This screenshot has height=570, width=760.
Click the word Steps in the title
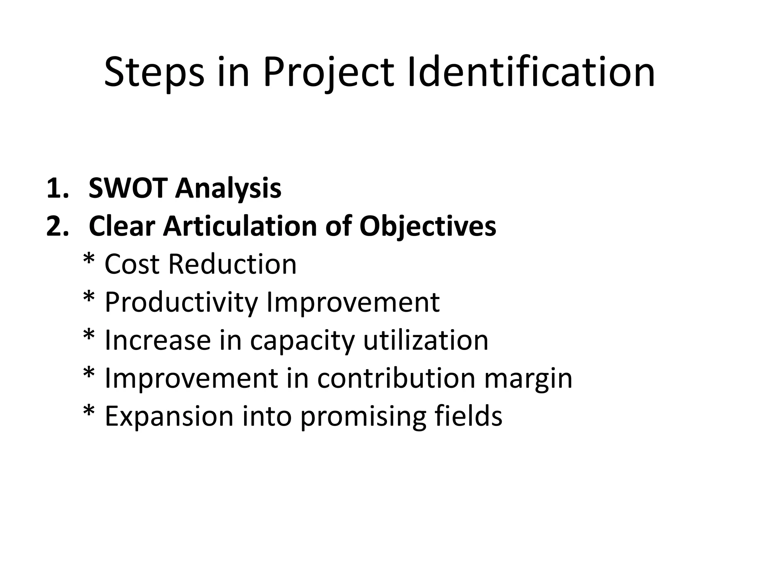coord(154,72)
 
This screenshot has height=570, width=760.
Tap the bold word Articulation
coord(240,226)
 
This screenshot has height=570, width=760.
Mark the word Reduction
coord(232,264)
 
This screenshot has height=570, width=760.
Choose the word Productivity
coord(181,303)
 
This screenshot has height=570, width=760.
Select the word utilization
coord(426,340)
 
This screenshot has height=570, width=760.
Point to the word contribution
coord(396,379)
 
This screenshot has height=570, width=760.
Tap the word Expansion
coord(169,417)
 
